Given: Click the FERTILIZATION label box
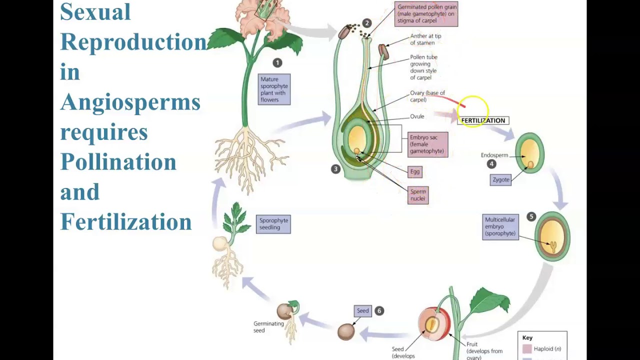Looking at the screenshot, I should click(483, 120).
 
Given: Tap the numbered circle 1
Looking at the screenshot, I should click(277, 62).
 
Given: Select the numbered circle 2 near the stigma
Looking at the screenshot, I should click(366, 23).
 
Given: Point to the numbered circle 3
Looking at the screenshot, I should click(335, 169).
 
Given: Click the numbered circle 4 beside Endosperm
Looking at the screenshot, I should click(491, 164).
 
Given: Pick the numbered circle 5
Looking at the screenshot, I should click(531, 216).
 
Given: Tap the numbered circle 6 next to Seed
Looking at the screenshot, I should click(379, 310).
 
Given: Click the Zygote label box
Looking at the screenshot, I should click(500, 179).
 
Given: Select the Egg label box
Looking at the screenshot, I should click(415, 171).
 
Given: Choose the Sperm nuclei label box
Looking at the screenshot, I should click(418, 195).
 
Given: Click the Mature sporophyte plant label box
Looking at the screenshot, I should click(274, 89).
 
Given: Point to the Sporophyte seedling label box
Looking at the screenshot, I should click(273, 224).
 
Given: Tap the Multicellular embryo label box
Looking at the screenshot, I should click(500, 227).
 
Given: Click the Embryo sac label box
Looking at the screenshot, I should click(427, 144).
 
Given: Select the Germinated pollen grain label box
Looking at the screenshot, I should click(426, 14).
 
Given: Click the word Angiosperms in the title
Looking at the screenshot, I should click(130, 102).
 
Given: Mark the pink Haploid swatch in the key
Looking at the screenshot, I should click(527, 349).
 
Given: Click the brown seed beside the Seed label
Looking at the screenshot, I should click(346, 331).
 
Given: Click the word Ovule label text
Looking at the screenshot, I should click(417, 116).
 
